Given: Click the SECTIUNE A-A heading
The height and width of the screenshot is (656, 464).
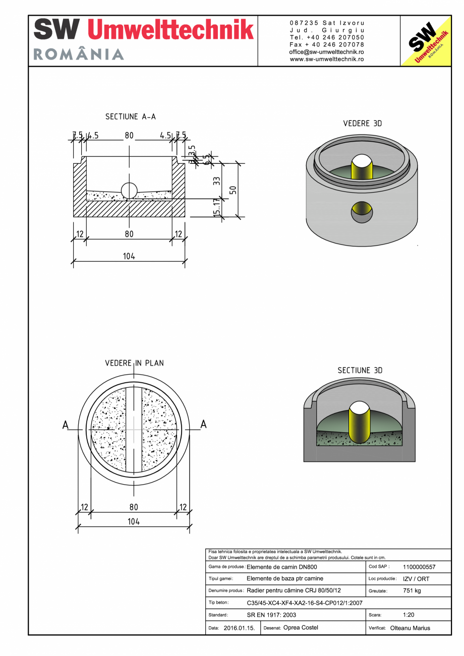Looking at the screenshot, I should click(131, 116).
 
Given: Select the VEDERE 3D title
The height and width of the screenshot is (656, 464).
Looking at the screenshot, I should click(362, 124).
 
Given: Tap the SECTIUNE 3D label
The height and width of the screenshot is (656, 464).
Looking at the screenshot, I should click(360, 370).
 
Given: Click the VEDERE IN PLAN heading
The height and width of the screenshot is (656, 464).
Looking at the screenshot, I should click(134, 363).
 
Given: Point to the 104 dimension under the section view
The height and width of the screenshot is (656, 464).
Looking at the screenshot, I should click(129, 256).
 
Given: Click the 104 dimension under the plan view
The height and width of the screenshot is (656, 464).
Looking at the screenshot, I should click(133, 522).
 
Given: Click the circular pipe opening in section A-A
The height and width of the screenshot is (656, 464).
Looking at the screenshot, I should click(129, 191).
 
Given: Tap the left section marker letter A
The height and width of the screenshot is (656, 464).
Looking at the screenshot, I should click(66, 425).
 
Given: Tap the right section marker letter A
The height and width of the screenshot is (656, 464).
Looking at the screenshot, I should click(203, 425).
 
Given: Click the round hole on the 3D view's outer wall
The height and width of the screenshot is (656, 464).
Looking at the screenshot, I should click(362, 212).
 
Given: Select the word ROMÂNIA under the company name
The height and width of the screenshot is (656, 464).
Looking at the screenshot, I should click(79, 54).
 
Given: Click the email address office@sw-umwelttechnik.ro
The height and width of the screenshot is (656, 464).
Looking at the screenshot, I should click(326, 52).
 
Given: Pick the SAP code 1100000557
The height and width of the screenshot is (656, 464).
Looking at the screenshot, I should click(419, 567).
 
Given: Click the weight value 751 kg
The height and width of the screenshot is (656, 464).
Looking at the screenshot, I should click(412, 590).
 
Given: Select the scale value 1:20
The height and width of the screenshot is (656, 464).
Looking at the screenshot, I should click(409, 615).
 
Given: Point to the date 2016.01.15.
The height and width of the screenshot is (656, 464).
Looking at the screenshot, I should click(240, 628).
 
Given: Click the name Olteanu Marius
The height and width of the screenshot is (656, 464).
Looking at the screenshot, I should click(410, 628).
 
